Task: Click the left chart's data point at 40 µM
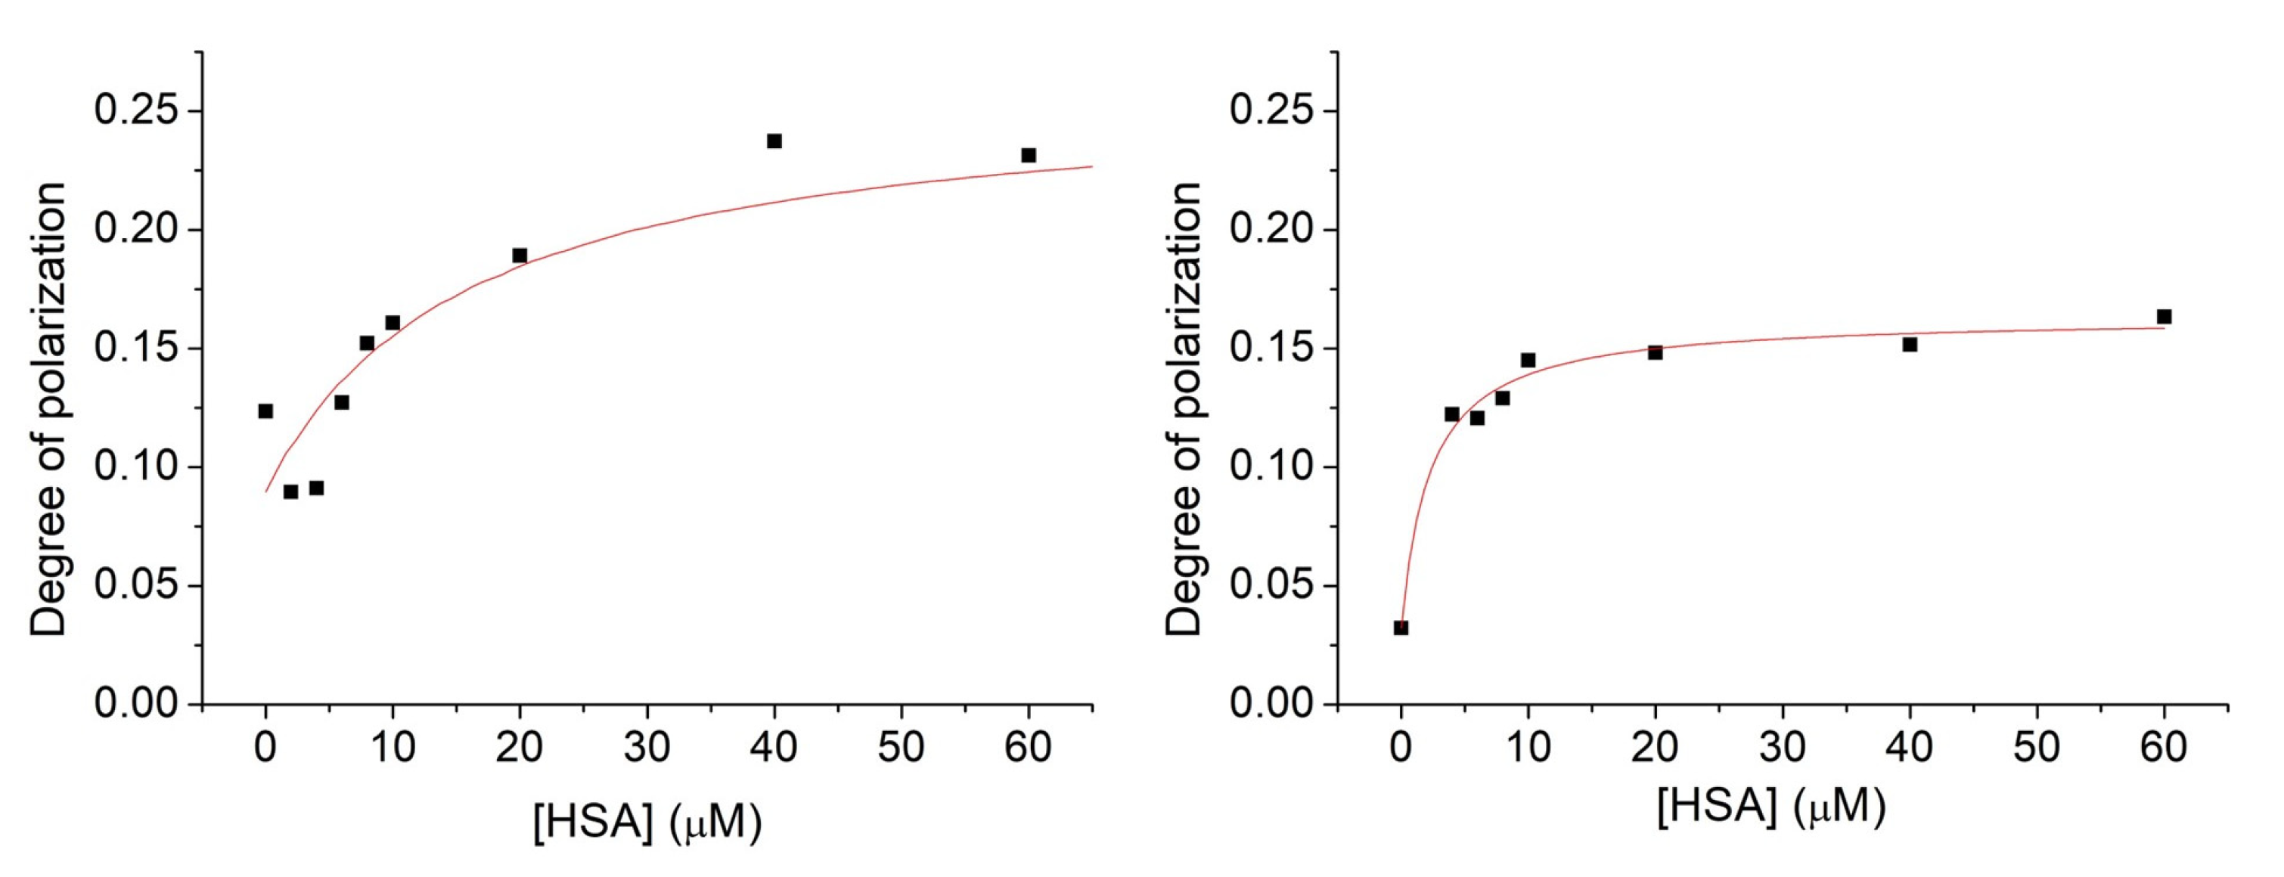point(774,141)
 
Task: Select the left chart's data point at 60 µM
point(1029,155)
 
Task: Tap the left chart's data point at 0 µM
point(265,411)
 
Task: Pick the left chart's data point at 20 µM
point(520,256)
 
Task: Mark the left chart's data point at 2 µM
point(291,491)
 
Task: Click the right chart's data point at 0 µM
point(1401,628)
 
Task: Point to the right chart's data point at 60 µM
point(2164,317)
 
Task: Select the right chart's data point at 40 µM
point(1910,344)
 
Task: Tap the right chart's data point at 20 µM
point(1656,352)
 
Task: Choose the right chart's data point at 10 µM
point(1528,360)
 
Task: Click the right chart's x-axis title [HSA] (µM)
point(1770,807)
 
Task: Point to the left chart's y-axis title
point(48,409)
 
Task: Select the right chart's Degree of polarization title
point(1183,409)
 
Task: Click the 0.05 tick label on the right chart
point(1271,585)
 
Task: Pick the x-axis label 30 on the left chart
point(647,748)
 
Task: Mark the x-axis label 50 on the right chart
point(2037,748)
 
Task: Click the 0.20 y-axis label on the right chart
point(1271,230)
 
